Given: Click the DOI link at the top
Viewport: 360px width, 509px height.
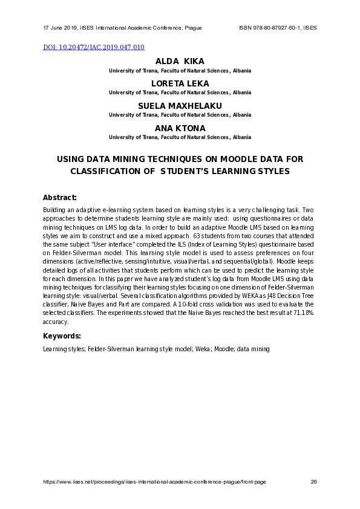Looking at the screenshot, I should tap(94, 47).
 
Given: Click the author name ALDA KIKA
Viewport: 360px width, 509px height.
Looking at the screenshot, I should tap(180, 62).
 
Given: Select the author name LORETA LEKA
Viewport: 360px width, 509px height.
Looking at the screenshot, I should tap(180, 83).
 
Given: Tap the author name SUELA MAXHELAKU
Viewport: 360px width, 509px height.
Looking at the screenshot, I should tap(180, 106).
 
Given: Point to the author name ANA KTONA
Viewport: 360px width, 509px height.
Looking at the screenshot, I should tap(180, 128).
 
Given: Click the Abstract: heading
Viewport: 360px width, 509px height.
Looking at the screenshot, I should tap(59, 197).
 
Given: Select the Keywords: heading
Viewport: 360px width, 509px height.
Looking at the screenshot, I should tap(61, 336).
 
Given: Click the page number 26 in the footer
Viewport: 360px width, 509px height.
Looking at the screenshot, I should tap(313, 482).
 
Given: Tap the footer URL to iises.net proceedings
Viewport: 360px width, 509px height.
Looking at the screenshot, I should tap(154, 482).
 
